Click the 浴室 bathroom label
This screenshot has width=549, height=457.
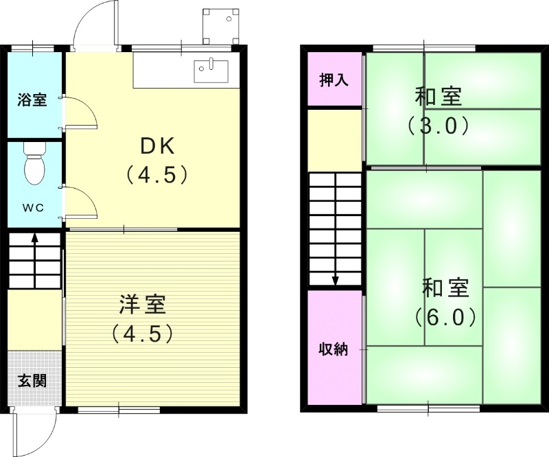point(32,100)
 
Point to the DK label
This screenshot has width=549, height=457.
point(157,145)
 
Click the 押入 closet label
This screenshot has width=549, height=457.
point(334,80)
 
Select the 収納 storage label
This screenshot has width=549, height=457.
point(334,349)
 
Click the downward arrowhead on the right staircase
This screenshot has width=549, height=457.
point(336,280)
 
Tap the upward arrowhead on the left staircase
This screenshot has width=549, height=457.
point(34,238)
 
